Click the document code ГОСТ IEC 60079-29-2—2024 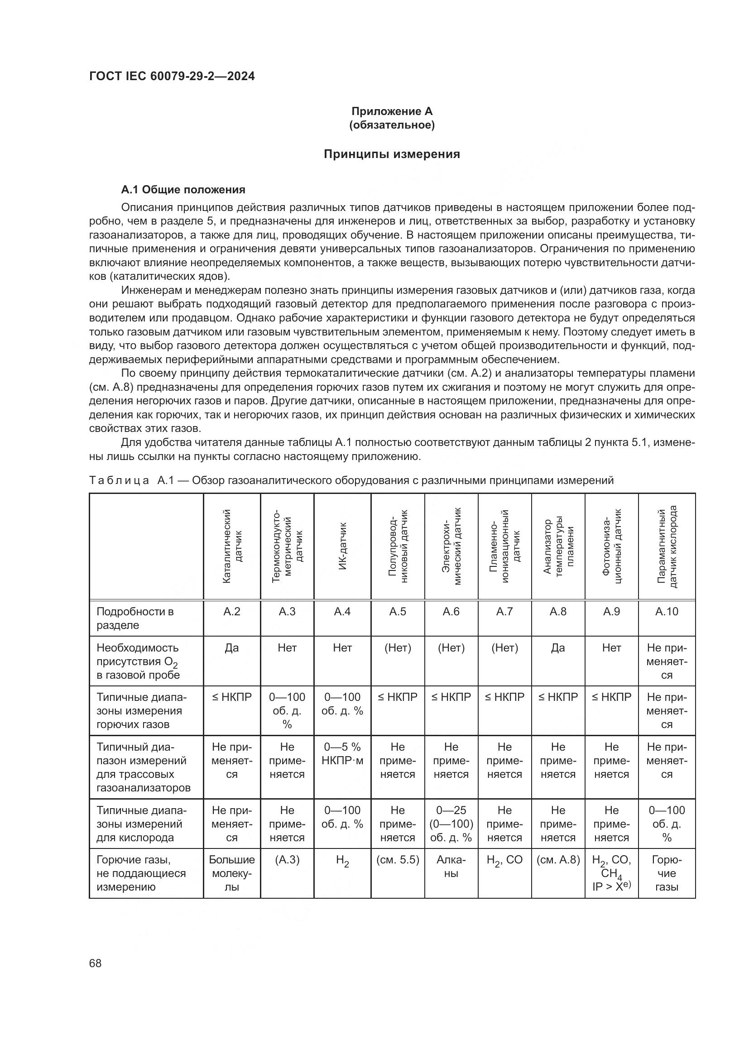[172, 76]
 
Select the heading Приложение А [392, 111]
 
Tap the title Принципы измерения [392, 154]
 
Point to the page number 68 [96, 963]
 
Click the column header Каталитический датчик [232, 546]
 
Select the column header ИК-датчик [342, 546]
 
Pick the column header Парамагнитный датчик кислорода [667, 546]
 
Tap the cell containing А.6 [451, 612]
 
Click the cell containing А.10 [667, 612]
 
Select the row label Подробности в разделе [134, 618]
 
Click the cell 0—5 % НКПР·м [342, 753]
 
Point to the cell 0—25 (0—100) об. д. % [451, 824]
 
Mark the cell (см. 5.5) [397, 860]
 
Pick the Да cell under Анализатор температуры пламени [557, 648]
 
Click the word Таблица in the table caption [119, 481]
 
